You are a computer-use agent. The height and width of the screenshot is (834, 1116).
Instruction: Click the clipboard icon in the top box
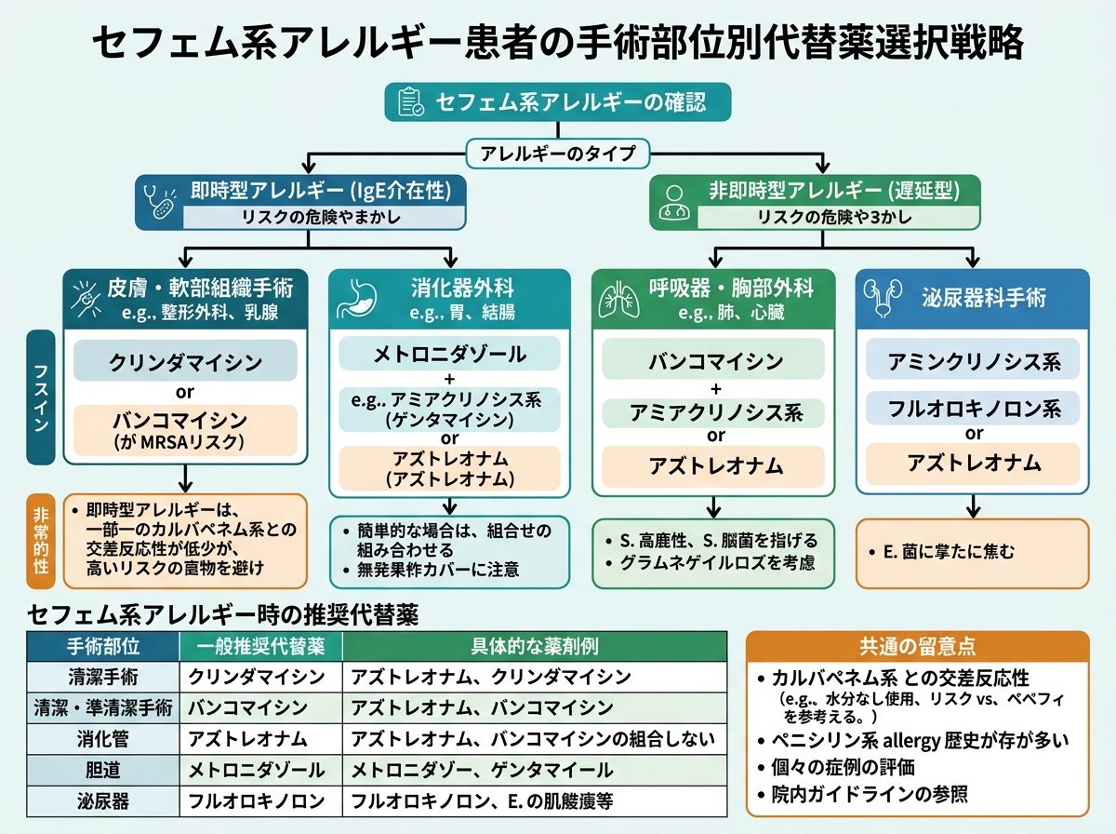tap(411, 101)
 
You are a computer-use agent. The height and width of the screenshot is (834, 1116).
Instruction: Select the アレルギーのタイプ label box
tap(558, 154)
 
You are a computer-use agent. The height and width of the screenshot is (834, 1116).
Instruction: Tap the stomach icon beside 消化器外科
tap(357, 298)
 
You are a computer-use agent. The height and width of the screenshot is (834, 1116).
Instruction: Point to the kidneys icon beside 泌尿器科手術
tap(883, 297)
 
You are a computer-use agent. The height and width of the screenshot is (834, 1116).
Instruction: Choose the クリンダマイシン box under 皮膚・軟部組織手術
tap(185, 361)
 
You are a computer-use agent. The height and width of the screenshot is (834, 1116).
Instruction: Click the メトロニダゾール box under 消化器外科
tap(449, 354)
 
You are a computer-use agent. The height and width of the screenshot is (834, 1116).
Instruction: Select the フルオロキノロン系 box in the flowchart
tap(973, 408)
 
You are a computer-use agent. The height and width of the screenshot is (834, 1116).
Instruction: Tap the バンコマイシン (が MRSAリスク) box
tap(185, 430)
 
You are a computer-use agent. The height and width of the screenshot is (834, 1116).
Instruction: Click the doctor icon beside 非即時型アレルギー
tap(674, 203)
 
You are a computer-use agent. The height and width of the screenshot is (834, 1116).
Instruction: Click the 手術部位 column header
tap(103, 646)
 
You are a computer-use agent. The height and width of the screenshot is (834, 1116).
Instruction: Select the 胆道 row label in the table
tap(103, 770)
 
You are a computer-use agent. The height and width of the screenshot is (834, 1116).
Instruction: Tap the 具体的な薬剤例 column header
tap(535, 646)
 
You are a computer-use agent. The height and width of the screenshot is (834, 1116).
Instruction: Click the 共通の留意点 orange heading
tap(917, 646)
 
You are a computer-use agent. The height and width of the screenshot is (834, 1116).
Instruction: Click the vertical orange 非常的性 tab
tap(41, 542)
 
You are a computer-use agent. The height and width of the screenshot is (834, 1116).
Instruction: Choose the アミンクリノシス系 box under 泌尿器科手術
tap(973, 361)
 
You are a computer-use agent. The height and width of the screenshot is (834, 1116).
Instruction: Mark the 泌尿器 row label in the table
tap(103, 801)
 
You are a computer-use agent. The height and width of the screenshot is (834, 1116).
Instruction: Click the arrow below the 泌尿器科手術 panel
tap(973, 505)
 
